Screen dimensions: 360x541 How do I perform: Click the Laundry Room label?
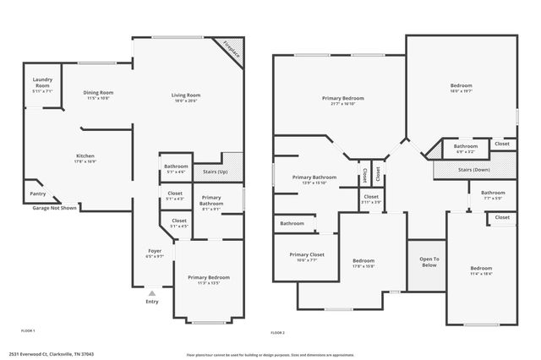click(x=42, y=84)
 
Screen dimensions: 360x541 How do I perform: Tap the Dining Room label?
click(x=98, y=93)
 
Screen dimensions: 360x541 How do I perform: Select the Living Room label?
click(x=186, y=95)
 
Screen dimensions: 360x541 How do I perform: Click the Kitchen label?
click(x=85, y=156)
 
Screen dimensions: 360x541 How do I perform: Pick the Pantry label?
click(x=38, y=194)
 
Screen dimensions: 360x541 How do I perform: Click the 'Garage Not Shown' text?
click(x=54, y=208)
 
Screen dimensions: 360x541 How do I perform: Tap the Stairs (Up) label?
click(x=216, y=172)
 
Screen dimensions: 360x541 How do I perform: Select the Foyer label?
click(x=155, y=251)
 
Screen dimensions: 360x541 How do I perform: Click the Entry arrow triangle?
click(x=152, y=293)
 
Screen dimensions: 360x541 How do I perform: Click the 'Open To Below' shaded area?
click(x=429, y=262)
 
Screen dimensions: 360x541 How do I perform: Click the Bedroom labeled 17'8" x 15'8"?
click(x=363, y=261)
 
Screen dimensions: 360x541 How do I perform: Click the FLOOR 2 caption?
click(x=277, y=333)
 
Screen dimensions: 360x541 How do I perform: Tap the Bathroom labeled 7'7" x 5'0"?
click(x=493, y=194)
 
